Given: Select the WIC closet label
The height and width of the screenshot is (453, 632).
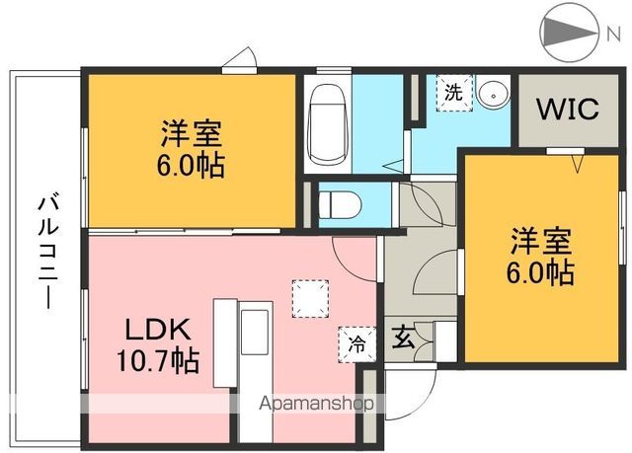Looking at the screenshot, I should coord(567,110).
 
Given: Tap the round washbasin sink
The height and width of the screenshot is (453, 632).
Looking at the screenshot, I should coord(492,96).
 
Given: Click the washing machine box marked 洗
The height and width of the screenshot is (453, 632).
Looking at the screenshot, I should coord(452,95).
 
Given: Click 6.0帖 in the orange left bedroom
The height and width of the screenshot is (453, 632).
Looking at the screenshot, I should coord(192,164).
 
